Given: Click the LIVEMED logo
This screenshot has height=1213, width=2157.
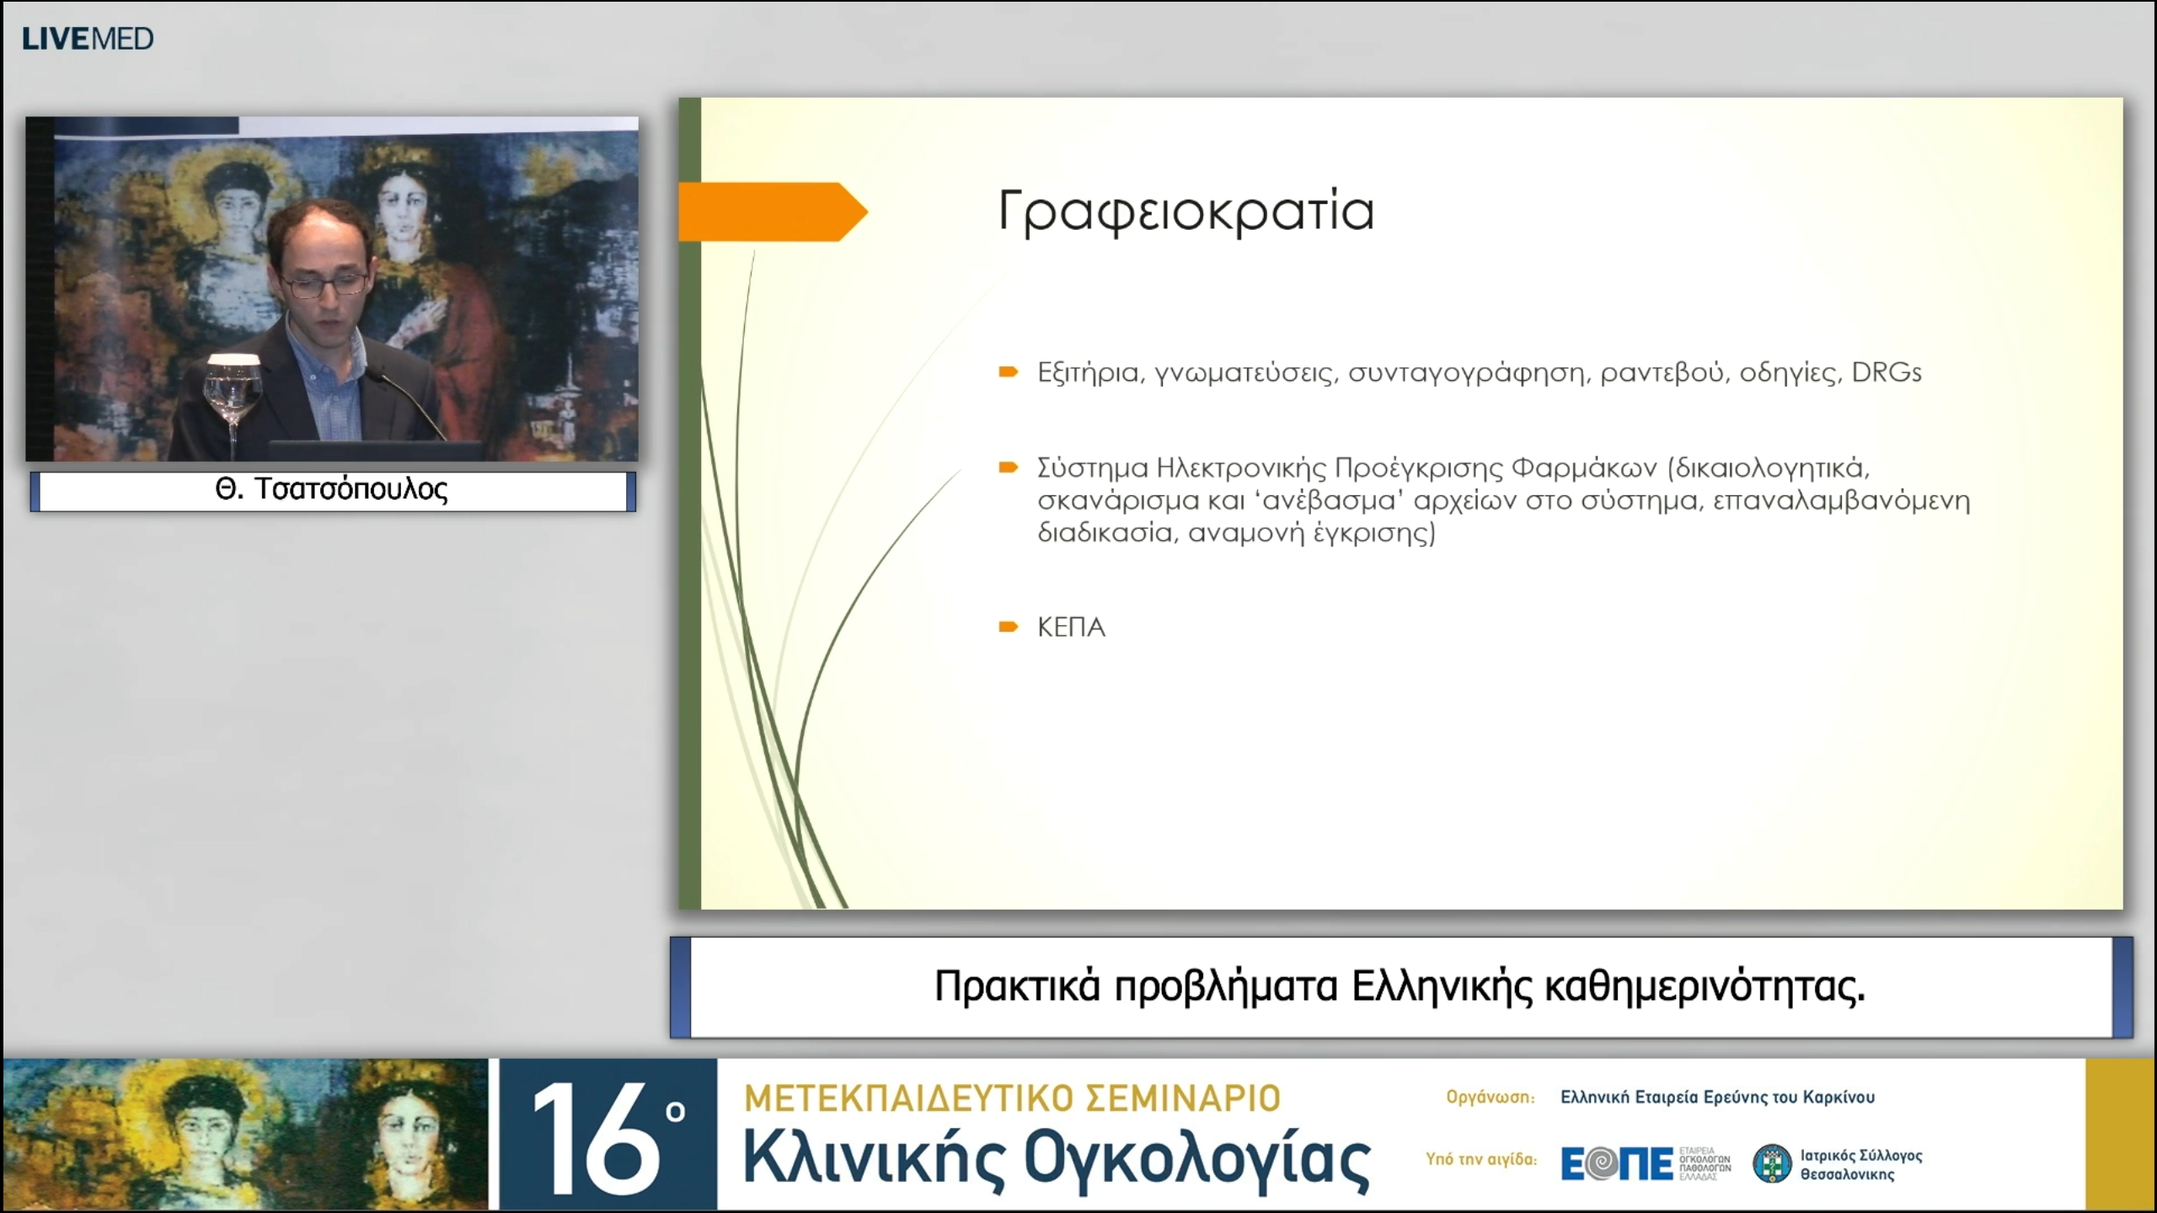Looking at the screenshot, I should (88, 39).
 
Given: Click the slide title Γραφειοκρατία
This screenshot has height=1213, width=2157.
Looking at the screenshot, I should (1186, 211).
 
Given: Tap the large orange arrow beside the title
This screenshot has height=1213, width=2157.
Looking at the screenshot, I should (771, 212).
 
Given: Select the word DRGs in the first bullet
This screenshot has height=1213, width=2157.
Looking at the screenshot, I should (1886, 372).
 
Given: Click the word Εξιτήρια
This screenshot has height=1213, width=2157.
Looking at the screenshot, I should (1089, 372).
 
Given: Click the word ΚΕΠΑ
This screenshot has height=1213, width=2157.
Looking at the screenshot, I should (1071, 628).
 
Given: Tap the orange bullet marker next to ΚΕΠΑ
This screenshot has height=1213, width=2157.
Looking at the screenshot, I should (1008, 627).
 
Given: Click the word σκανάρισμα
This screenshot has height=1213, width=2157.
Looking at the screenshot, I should (1117, 501).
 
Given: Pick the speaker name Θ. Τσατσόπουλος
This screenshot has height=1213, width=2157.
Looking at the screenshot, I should (332, 489).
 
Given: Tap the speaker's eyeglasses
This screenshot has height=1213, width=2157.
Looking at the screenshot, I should (324, 284).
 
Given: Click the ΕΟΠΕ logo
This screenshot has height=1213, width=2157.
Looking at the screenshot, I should (1616, 1164).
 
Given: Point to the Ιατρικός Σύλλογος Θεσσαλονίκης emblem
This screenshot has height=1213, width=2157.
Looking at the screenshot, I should (1772, 1164).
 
